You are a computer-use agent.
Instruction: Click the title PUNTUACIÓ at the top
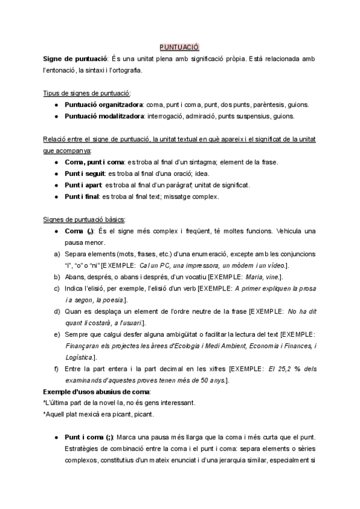179,47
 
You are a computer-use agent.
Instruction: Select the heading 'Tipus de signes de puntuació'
86,93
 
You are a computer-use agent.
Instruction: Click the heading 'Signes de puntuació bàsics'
84,218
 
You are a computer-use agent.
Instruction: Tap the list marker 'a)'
56,253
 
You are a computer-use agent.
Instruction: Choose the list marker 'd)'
56,311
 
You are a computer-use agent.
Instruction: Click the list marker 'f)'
56,369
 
